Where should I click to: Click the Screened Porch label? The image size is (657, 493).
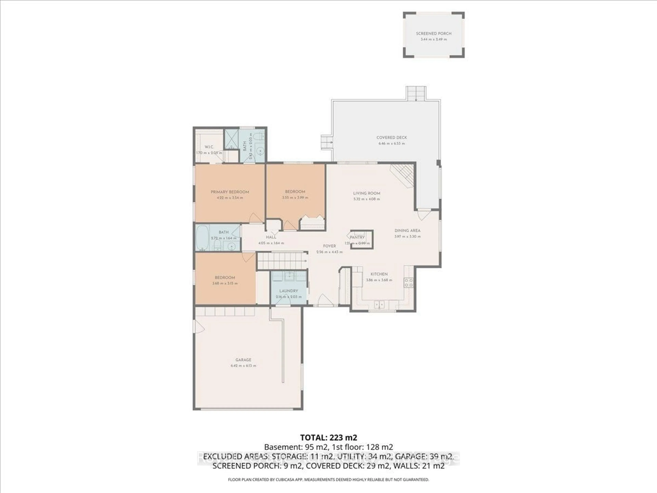click(x=434, y=34)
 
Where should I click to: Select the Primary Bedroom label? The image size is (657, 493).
click(x=230, y=192)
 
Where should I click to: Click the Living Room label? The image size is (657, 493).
click(x=366, y=193)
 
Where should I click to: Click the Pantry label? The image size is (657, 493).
click(x=357, y=237)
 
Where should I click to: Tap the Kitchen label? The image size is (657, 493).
click(x=379, y=274)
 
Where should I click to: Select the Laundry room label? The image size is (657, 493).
click(x=288, y=291)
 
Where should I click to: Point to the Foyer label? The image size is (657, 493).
click(x=329, y=246)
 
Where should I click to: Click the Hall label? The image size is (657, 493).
click(x=271, y=237)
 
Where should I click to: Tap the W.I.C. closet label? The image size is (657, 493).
click(x=209, y=147)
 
